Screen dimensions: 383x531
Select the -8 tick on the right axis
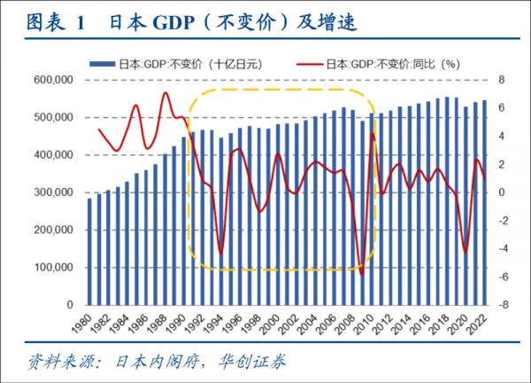pos(502,305)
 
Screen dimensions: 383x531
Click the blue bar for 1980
pos(89,252)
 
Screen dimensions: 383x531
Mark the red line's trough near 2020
pos(466,253)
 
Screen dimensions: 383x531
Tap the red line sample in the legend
pos(311,64)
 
